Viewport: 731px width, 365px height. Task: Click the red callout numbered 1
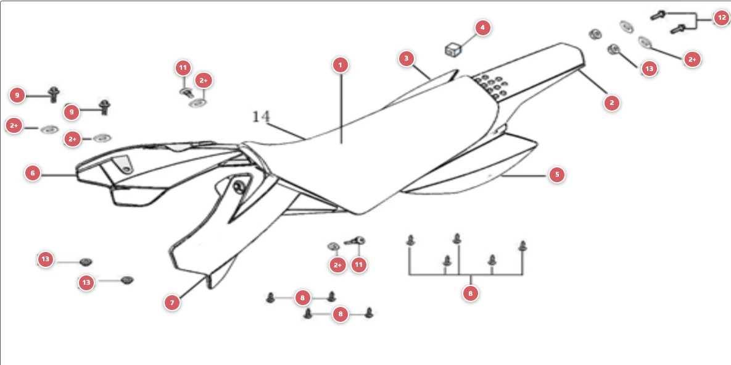coord(341,65)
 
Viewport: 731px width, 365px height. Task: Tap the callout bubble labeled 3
coord(407,59)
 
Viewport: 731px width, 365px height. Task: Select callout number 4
coord(482,28)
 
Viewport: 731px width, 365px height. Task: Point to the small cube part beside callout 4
coord(453,49)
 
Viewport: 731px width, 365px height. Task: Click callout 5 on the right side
coord(556,175)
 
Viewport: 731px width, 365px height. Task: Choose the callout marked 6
coord(33,174)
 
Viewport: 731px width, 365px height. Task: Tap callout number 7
coord(172,303)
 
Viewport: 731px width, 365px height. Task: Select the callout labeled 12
coord(721,19)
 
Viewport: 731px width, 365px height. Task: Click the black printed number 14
coord(261,117)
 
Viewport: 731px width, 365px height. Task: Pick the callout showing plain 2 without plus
coord(612,103)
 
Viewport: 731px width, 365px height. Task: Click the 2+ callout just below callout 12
coord(692,59)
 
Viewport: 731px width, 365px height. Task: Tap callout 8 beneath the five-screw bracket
coord(471,293)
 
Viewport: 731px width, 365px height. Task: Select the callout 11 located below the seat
coord(358,265)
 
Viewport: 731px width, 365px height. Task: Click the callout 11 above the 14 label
coord(183,68)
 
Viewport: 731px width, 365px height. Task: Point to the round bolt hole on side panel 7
coord(239,187)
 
